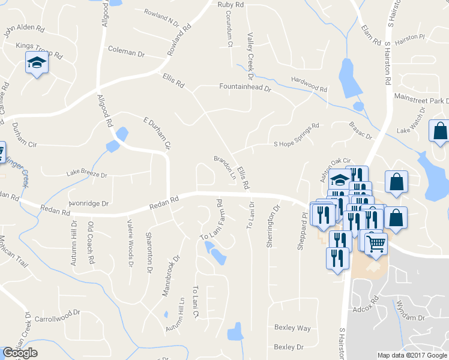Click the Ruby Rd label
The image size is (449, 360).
pyautogui.click(x=231, y=5)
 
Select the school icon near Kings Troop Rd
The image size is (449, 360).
pyautogui.click(x=37, y=62)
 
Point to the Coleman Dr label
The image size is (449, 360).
pyautogui.click(x=126, y=52)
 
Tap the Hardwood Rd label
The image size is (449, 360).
pyautogui.click(x=309, y=84)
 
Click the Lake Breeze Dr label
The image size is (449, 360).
pyautogui.click(x=86, y=175)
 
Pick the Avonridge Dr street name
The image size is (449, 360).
pyautogui.click(x=88, y=203)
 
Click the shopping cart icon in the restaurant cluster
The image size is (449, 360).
pyautogui.click(x=376, y=244)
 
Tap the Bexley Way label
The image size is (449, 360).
pyautogui.click(x=292, y=328)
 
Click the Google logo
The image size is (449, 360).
pyautogui.click(x=20, y=353)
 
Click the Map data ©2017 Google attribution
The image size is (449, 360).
pyautogui.click(x=412, y=355)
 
